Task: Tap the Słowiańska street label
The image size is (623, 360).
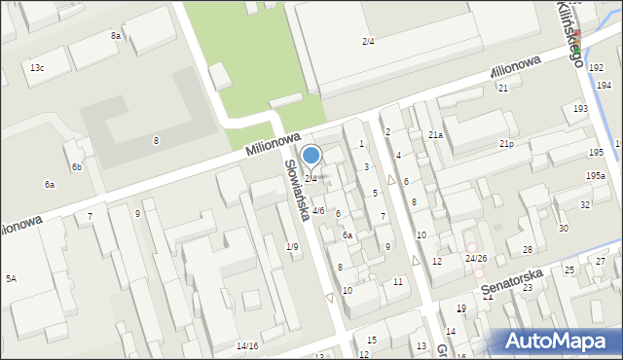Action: click(x=295, y=190)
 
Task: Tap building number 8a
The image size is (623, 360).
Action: click(x=116, y=35)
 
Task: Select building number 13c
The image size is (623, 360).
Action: click(x=37, y=67)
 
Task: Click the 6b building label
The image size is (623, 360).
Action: click(x=76, y=167)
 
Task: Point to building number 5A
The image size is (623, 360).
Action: click(x=11, y=278)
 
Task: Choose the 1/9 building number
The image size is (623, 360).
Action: click(x=292, y=246)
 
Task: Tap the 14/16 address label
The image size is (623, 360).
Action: click(x=247, y=345)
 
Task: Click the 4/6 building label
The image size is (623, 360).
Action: click(x=318, y=211)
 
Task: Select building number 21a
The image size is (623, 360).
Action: click(x=435, y=134)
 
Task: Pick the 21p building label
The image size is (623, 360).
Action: click(x=506, y=144)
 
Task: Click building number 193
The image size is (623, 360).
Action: click(x=580, y=109)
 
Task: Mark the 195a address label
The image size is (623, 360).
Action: click(x=595, y=175)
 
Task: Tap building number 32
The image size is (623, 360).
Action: click(x=584, y=204)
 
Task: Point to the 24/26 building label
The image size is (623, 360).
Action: click(x=476, y=258)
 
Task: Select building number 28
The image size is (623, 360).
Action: click(x=527, y=250)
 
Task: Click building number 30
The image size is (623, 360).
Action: click(x=563, y=228)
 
